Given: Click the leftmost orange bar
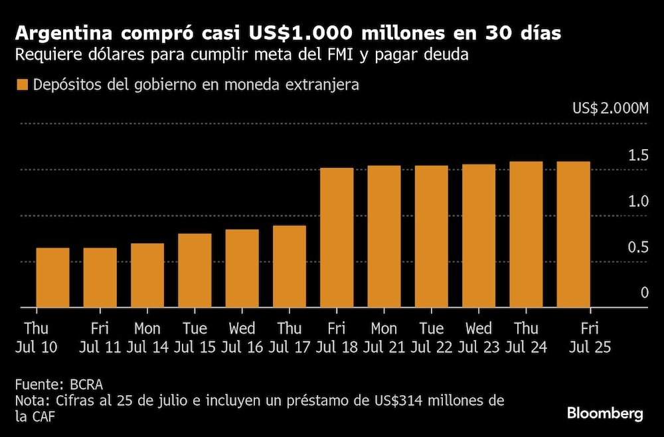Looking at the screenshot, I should pos(52,277).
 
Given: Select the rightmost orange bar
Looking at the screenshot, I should pos(573,234).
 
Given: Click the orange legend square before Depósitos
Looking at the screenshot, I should pos(23,86).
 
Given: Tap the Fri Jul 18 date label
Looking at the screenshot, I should pos(336,338).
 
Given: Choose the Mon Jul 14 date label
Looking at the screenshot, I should pos(147,338).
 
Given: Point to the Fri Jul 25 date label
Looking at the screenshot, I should pos(588,338).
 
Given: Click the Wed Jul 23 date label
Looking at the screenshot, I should pos(478,338).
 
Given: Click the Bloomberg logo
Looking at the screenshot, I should pos(605,414).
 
